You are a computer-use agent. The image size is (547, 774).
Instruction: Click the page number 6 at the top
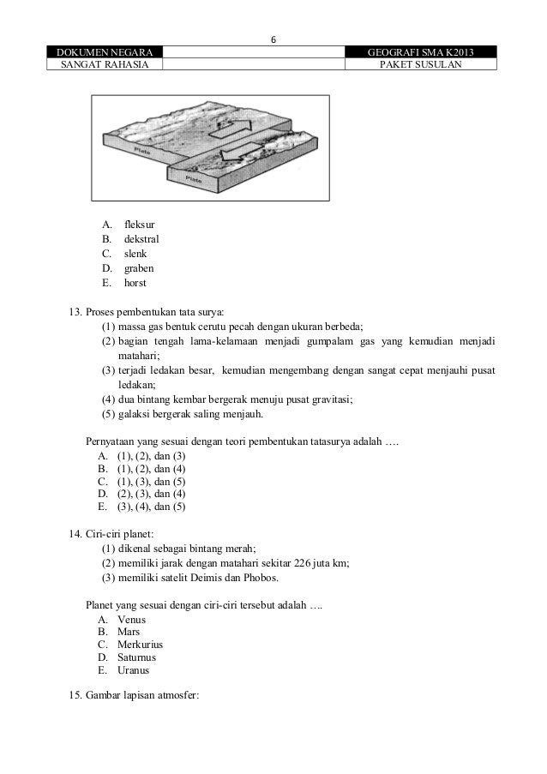[x=273, y=39]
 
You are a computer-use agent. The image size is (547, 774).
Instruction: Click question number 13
[x=75, y=311]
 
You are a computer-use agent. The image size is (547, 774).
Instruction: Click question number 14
[x=75, y=534]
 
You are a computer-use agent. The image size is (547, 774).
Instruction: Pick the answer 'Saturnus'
[x=136, y=657]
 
